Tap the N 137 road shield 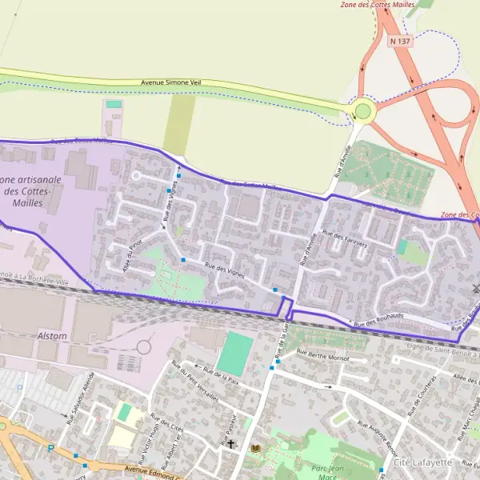399,40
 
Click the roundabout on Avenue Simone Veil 365,111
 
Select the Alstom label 52,336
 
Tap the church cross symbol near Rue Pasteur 231,443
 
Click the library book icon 256,446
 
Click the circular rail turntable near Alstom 144,347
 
